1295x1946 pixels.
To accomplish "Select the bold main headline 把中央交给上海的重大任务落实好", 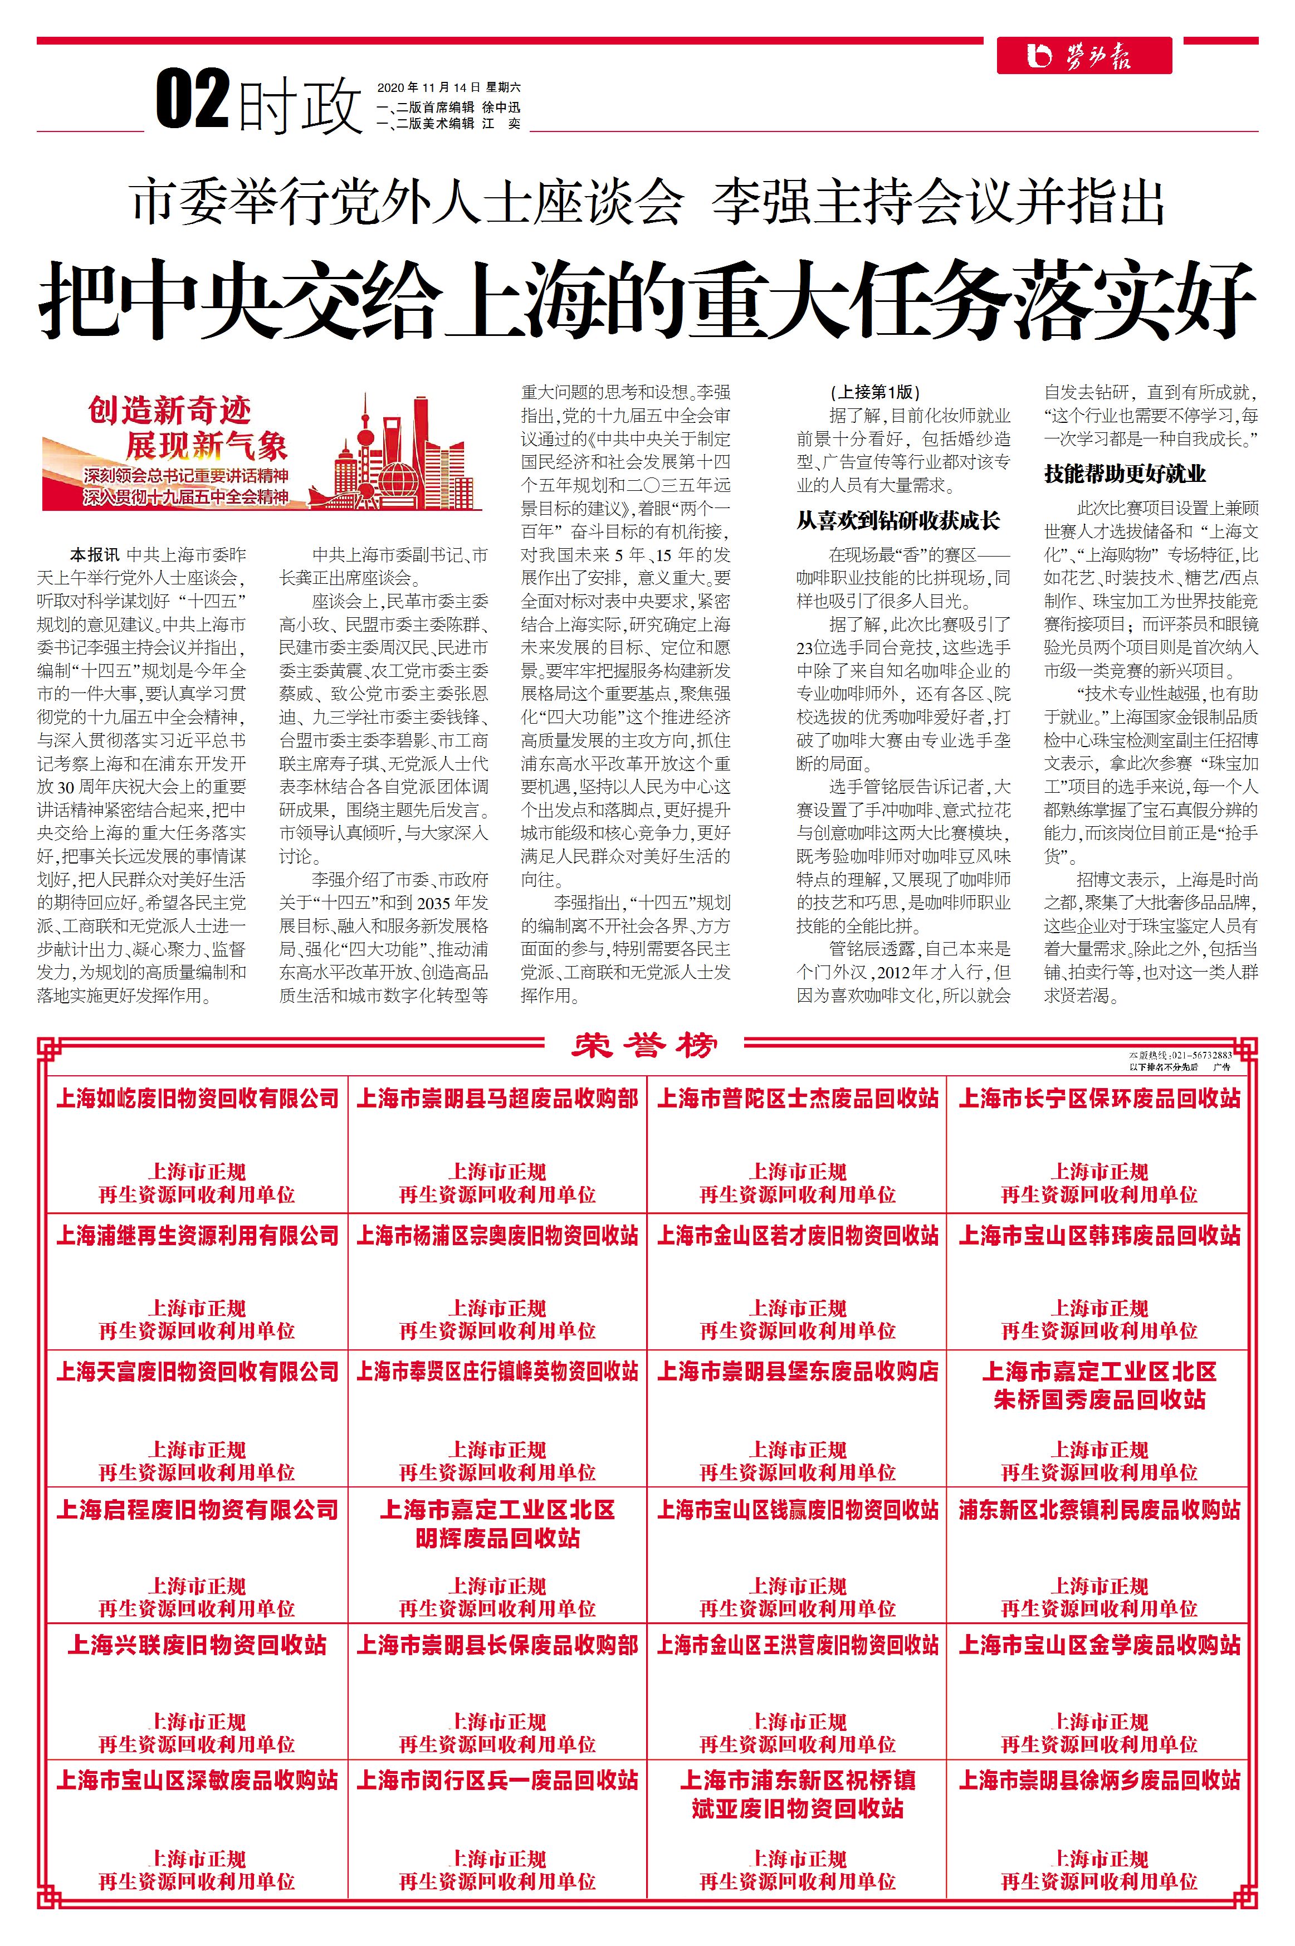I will coord(647,299).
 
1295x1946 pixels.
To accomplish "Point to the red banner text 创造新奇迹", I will coord(169,411).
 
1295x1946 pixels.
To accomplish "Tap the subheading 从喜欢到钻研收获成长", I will coord(898,520).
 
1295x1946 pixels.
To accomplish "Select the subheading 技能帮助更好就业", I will coord(1125,474).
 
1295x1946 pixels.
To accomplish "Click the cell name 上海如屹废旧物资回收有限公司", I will coord(197,1099).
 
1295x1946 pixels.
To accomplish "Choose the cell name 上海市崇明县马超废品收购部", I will coord(497,1099).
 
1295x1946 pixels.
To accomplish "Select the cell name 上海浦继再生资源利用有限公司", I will coord(197,1236).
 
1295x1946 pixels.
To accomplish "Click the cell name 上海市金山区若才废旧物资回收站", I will coord(798,1236).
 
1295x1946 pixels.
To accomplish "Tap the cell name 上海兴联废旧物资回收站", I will coord(197,1645).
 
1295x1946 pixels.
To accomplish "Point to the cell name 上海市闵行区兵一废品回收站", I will coord(497,1780).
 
